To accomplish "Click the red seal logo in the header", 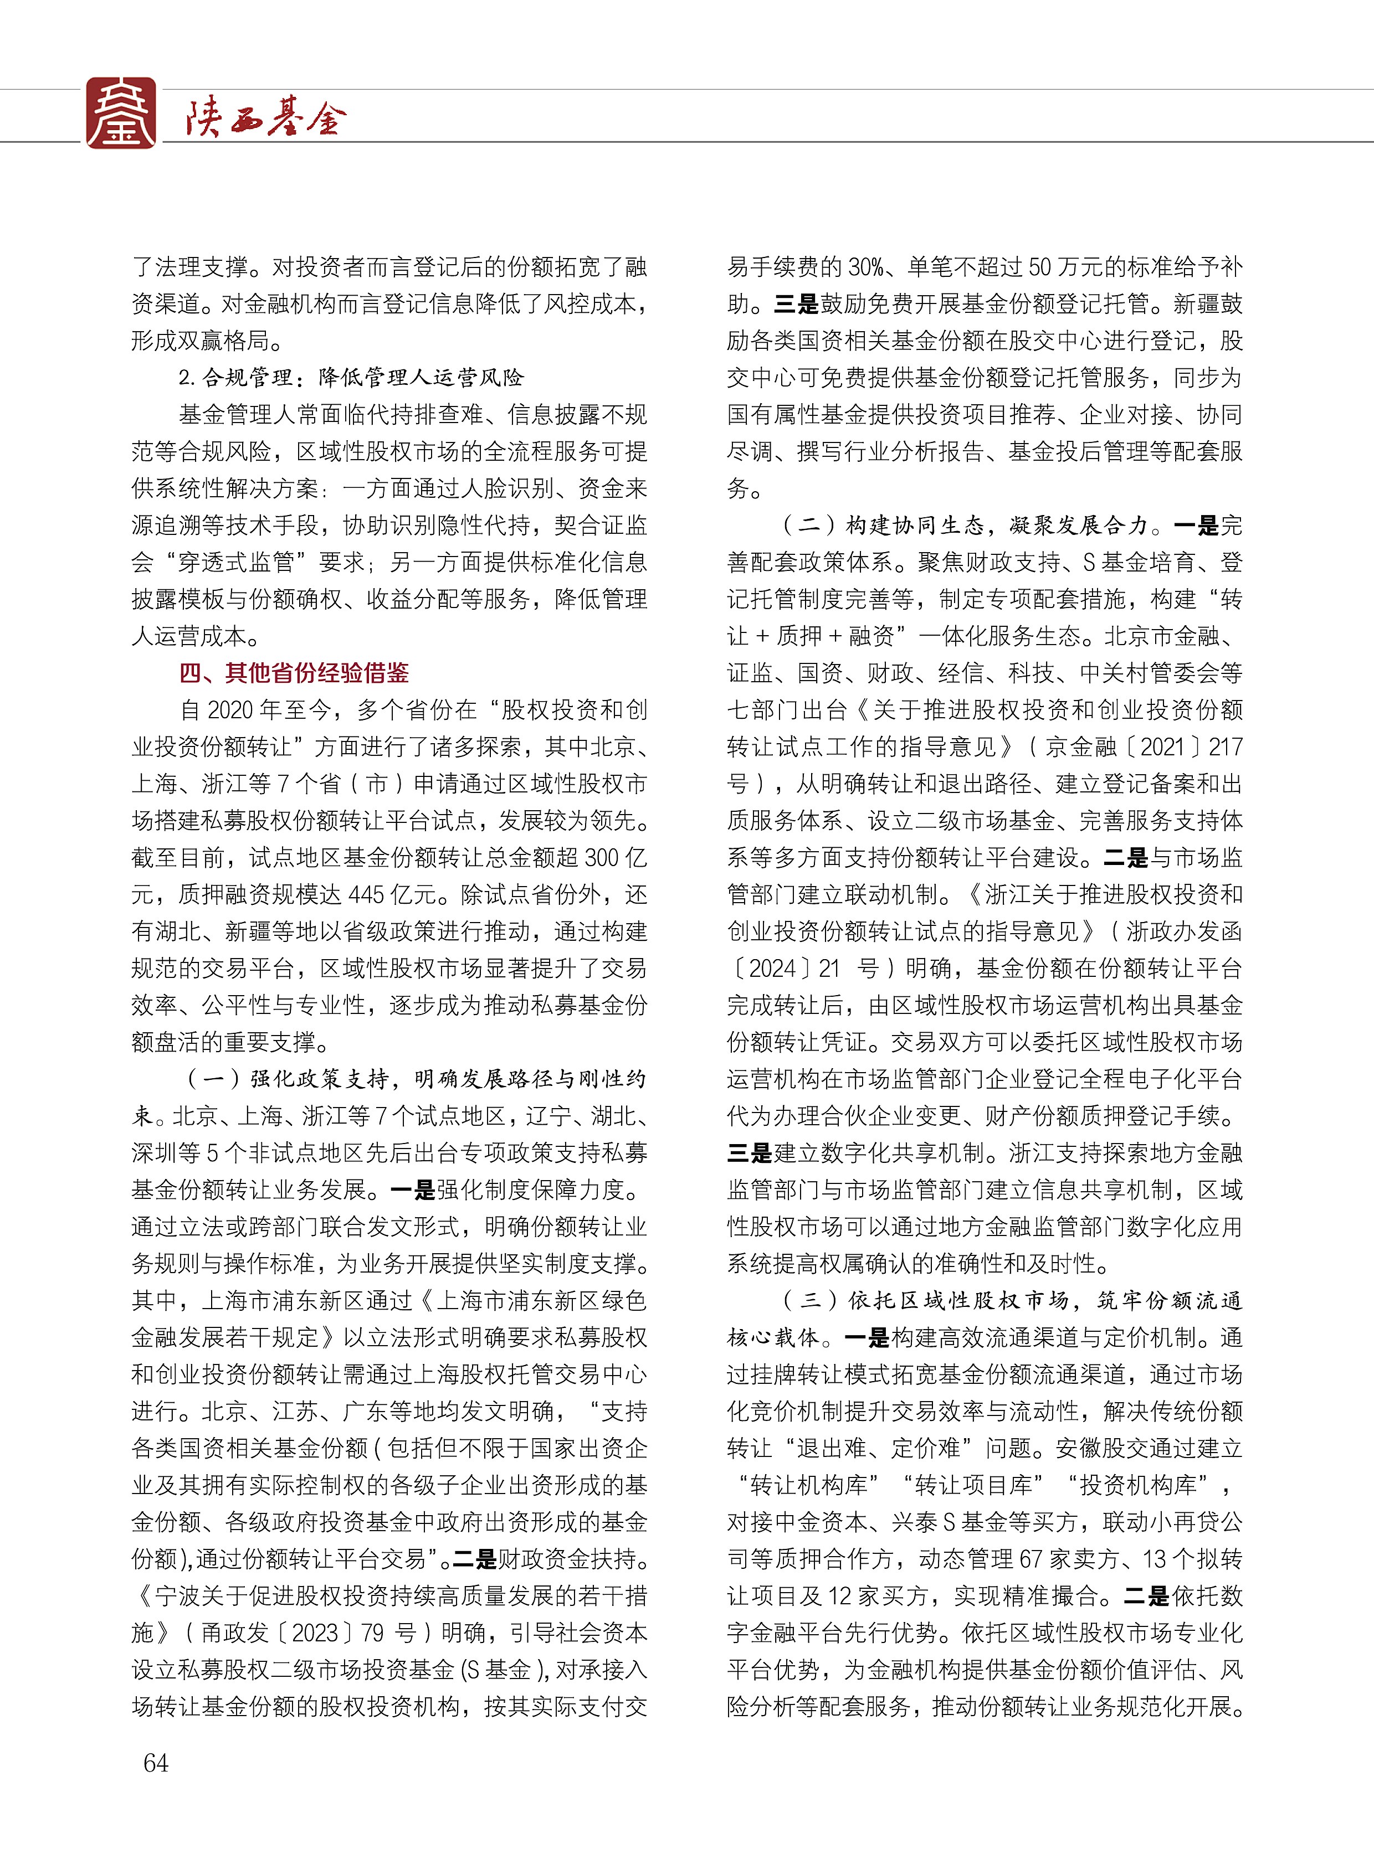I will [121, 113].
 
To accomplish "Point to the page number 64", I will [156, 1763].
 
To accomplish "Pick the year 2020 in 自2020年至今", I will [229, 710].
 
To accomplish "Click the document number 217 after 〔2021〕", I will [1224, 746].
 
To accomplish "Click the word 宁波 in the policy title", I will [178, 1595].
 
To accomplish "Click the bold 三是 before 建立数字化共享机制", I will [750, 1153].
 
